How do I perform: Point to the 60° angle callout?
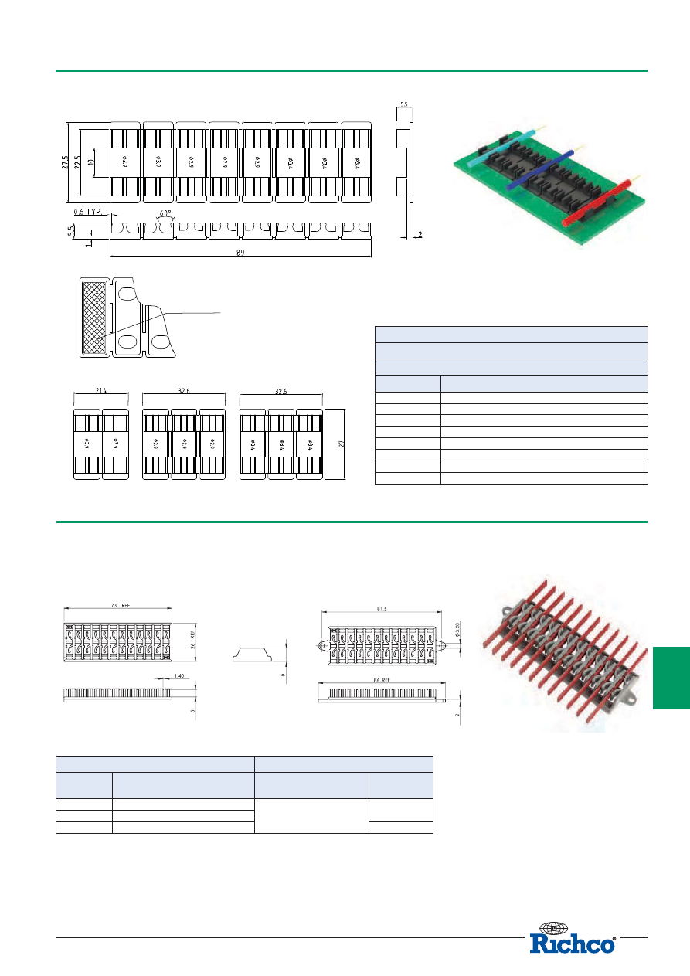click(x=165, y=213)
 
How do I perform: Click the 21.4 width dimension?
click(x=101, y=392)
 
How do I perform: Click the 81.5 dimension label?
click(x=382, y=609)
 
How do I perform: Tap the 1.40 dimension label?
click(x=178, y=675)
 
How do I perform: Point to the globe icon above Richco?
click(x=553, y=927)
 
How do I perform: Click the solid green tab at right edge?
click(x=671, y=678)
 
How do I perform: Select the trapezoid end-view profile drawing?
click(x=253, y=655)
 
